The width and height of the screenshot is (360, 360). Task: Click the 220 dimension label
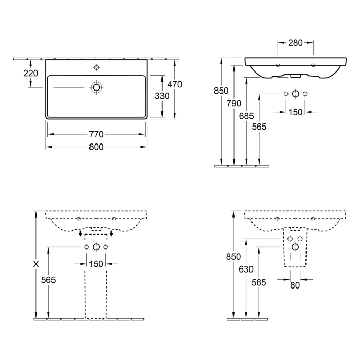point(31,73)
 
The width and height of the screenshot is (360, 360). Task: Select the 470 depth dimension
point(175,84)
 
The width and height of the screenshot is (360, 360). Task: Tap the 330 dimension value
point(162,96)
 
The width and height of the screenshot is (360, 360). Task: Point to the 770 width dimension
point(96,134)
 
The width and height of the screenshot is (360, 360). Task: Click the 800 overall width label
point(96,147)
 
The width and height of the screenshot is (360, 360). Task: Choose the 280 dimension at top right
point(295,43)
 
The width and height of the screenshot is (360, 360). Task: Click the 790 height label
point(234,103)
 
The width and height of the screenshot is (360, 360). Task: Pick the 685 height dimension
point(246,116)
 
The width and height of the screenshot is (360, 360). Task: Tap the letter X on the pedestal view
point(36,264)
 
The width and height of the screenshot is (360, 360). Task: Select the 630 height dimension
point(246,269)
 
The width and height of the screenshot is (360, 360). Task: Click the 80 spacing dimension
point(295,285)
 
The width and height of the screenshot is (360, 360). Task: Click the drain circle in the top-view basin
point(97,87)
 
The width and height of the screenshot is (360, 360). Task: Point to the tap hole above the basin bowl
point(97,67)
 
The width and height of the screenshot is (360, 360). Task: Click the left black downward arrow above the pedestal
point(80,233)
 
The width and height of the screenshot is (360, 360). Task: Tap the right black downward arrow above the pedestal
point(112,233)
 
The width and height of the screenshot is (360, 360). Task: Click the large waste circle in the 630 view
point(295,247)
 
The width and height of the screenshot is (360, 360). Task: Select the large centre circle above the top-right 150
point(296,94)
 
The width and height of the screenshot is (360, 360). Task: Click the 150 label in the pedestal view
point(96,264)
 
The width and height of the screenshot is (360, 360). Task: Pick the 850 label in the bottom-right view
point(233,257)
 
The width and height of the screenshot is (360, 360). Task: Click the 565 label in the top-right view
point(259,127)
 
